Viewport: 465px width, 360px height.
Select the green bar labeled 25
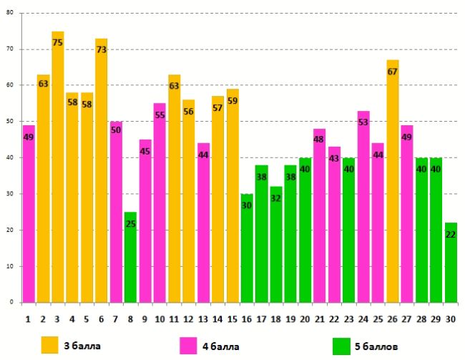[x=130, y=257]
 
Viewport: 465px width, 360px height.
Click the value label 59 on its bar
[x=232, y=101]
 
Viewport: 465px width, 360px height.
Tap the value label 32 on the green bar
[x=276, y=198]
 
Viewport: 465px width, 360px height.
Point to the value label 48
[x=320, y=141]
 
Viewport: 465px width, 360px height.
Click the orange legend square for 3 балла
[x=50, y=346]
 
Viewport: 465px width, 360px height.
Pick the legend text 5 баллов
[x=378, y=346]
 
